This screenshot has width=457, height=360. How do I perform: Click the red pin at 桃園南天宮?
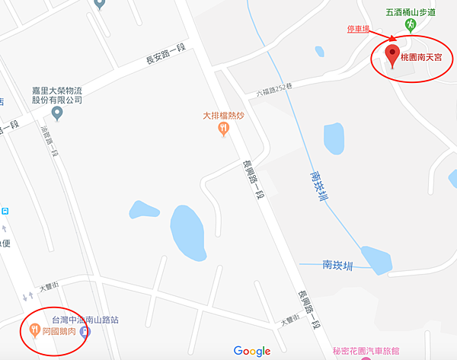pos(393,55)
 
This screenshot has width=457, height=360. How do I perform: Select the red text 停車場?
pos(358,29)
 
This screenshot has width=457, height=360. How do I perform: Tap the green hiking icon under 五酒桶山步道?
pos(411,25)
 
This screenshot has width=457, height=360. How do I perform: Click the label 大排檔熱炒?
pos(222,116)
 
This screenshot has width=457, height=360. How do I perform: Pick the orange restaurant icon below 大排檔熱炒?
pos(222,129)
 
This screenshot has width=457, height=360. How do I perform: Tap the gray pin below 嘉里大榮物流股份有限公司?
pos(56,113)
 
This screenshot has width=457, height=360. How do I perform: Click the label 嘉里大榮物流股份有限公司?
pos(56,94)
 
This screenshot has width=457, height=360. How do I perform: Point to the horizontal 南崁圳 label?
pos(338,265)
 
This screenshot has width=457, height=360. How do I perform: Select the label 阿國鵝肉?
pos(59,331)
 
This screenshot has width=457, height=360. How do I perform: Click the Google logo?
pos(252,350)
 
